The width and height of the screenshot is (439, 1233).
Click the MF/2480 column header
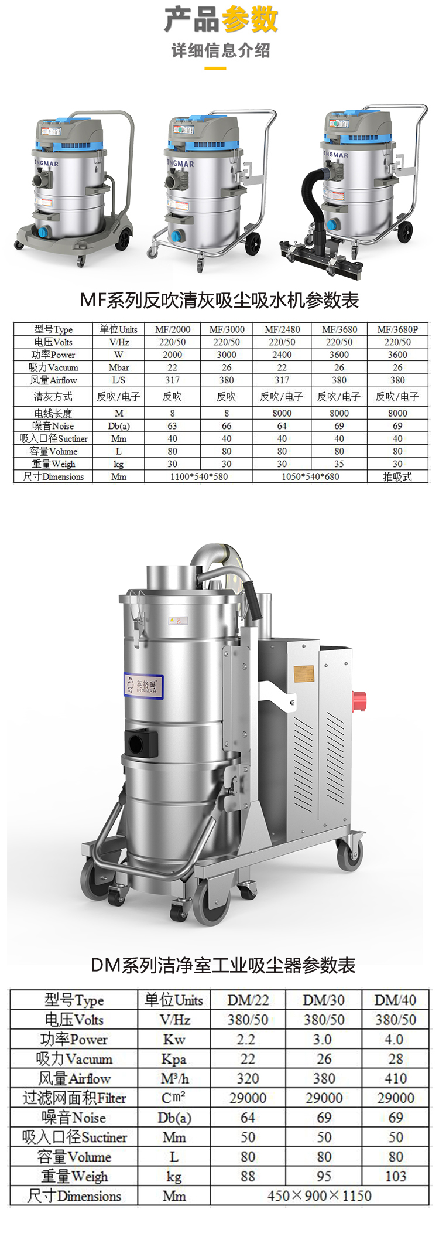[x=282, y=329]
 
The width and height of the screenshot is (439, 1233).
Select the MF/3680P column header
[x=397, y=329]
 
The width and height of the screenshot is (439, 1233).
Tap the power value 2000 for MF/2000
[x=172, y=355]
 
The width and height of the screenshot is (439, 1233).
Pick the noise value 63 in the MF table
[x=172, y=426]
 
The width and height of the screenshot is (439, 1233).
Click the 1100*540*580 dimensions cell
[x=199, y=476]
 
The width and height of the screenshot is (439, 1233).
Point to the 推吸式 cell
[x=397, y=476]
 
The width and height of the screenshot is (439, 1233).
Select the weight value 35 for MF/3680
[x=339, y=464]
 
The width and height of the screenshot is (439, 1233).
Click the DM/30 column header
[x=324, y=1000]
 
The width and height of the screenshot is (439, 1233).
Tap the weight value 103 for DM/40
[x=396, y=1176]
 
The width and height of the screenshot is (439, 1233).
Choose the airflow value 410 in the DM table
[x=396, y=1078]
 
